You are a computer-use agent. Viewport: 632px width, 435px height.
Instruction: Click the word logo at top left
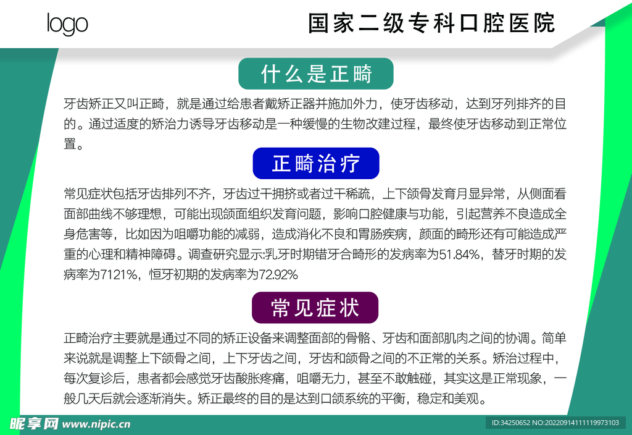point(67,24)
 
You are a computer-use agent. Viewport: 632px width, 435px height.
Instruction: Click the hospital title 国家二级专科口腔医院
point(431,23)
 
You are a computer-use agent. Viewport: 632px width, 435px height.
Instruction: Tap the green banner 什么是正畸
point(316,74)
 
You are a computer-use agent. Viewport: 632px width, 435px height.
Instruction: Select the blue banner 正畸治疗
point(316,164)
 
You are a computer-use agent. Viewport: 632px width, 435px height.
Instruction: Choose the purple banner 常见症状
point(315,308)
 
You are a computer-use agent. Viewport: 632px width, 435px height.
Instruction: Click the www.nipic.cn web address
point(97,424)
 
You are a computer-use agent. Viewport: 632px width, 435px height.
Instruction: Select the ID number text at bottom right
point(555,423)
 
